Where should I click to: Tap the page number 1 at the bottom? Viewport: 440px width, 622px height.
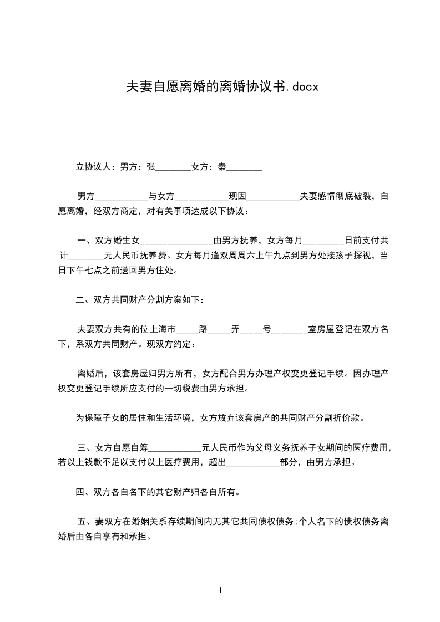click(220, 590)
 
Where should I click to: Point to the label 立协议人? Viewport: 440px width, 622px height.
click(94, 166)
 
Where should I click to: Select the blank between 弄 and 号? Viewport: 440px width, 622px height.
click(251, 329)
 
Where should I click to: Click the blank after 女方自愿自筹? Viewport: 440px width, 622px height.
click(175, 447)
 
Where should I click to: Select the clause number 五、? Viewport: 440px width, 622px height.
click(85, 522)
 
